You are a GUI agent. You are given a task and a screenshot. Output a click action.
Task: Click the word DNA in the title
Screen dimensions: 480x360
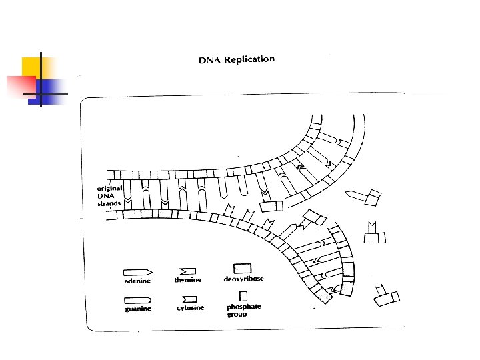(x=210, y=61)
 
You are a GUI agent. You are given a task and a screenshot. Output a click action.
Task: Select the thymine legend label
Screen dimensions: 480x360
(x=187, y=281)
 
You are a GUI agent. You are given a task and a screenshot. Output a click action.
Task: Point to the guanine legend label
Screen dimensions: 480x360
(x=138, y=309)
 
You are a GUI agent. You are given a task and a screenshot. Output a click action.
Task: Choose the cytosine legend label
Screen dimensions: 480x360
(x=190, y=309)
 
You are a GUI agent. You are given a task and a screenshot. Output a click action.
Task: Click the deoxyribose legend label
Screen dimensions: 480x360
(x=243, y=279)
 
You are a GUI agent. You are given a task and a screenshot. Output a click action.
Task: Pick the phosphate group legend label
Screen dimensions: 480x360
(x=243, y=311)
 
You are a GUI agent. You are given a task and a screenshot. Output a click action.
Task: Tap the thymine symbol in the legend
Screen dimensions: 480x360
(x=188, y=271)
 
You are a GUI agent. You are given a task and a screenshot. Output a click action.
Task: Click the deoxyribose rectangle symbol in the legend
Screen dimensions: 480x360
(x=242, y=268)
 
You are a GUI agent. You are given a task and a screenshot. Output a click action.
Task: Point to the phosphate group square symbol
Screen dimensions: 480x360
(x=243, y=295)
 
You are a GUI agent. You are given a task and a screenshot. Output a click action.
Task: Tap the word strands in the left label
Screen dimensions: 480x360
(x=109, y=203)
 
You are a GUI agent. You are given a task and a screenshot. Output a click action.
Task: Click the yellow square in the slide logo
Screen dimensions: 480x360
(x=32, y=67)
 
